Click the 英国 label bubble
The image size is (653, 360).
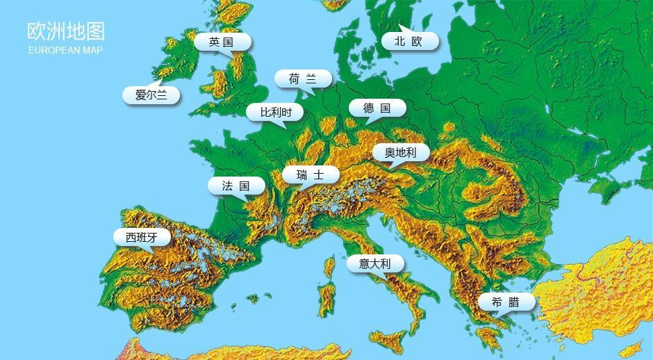[x=222, y=42]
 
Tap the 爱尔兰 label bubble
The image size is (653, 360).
[x=151, y=95]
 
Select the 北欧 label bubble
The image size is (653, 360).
[x=408, y=42]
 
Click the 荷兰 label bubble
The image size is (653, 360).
[x=302, y=79]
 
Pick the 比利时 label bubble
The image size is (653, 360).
[x=274, y=112]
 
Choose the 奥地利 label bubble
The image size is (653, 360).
[x=401, y=153]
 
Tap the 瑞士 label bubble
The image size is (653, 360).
[x=310, y=175]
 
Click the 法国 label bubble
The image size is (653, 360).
[x=236, y=186]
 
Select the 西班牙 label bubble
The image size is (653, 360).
[x=142, y=238]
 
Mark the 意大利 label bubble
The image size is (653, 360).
[x=374, y=263]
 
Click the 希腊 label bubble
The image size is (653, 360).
[x=506, y=302]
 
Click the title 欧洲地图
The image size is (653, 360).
[x=66, y=31]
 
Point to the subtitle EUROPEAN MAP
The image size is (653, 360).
[x=65, y=50]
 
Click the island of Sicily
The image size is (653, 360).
[x=390, y=338]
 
